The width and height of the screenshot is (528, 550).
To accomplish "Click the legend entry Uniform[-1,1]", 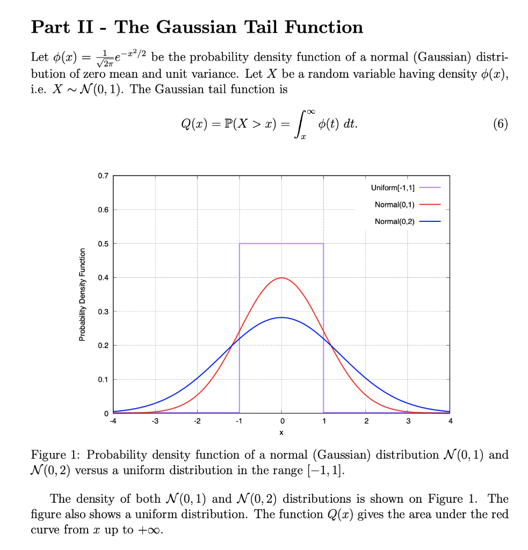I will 392,187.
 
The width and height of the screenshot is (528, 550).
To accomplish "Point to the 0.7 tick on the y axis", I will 103,176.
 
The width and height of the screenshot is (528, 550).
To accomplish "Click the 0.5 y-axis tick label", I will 103,244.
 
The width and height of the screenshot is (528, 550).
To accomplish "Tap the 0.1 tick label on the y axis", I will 103,380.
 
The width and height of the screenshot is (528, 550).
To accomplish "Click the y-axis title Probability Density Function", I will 82,294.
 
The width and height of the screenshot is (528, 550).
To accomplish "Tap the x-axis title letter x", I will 281,432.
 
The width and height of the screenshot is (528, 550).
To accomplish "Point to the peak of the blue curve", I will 281,317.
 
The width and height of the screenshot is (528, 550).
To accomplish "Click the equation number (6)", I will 499,124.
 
